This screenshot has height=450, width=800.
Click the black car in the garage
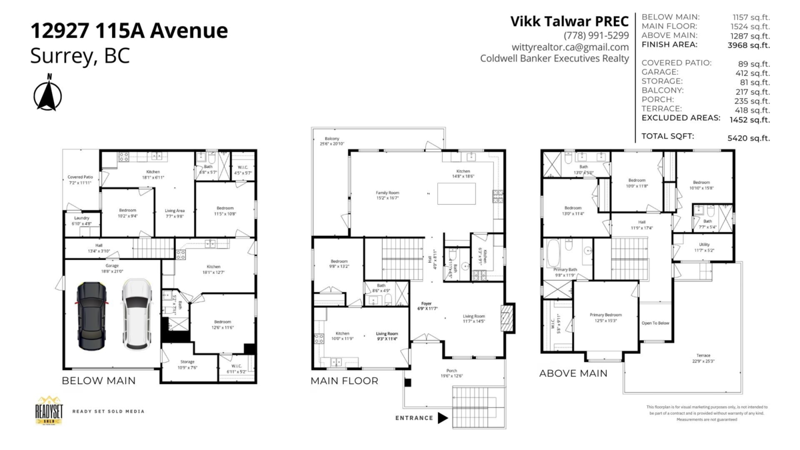point(91,316)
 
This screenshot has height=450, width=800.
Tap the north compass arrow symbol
point(47,94)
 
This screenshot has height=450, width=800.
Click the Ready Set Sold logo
point(49,411)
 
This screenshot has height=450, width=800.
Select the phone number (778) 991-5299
point(596,35)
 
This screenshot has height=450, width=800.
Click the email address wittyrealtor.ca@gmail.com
point(570,47)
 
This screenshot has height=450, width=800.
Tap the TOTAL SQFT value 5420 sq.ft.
point(749,138)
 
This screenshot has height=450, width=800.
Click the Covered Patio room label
point(81,179)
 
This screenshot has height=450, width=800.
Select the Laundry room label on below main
point(82,220)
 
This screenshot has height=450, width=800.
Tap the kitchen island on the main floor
point(457,193)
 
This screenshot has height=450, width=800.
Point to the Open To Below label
point(655,323)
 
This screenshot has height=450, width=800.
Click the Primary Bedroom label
point(606,317)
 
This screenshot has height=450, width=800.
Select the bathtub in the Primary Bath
point(555,253)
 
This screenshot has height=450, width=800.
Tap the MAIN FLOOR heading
point(344,381)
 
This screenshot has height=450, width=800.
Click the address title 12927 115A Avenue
point(129,31)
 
